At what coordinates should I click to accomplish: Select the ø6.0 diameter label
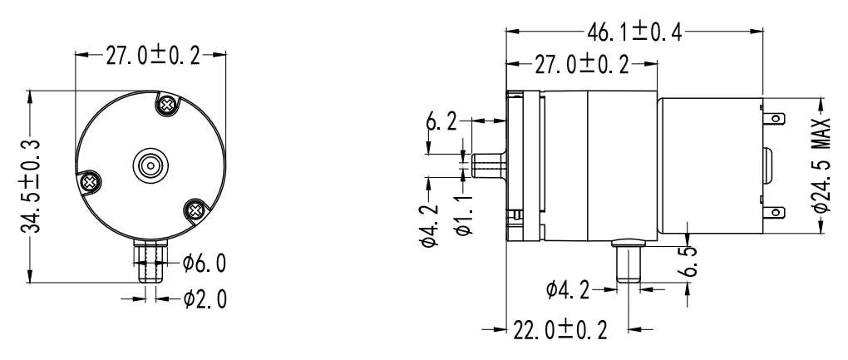point(204,264)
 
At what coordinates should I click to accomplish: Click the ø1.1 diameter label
point(466,214)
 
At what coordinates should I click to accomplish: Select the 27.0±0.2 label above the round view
point(150,56)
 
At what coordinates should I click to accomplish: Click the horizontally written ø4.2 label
point(573,289)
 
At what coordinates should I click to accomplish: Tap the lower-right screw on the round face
point(196,210)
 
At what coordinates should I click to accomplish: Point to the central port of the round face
point(150,164)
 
